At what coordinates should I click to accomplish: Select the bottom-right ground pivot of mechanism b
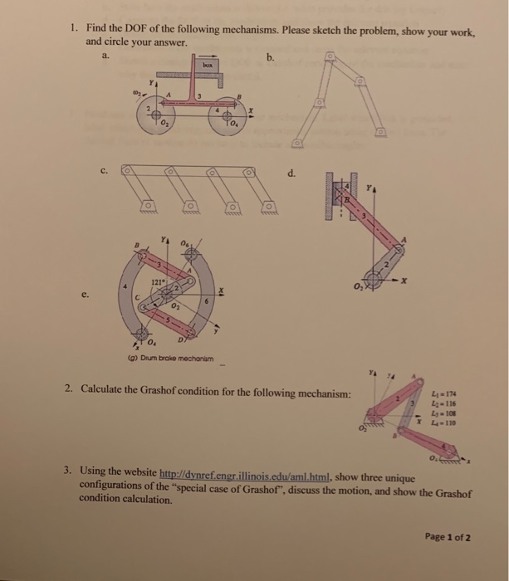(x=379, y=132)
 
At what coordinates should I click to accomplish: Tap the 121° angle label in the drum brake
(x=155, y=281)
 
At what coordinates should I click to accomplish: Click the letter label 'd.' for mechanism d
(x=290, y=173)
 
